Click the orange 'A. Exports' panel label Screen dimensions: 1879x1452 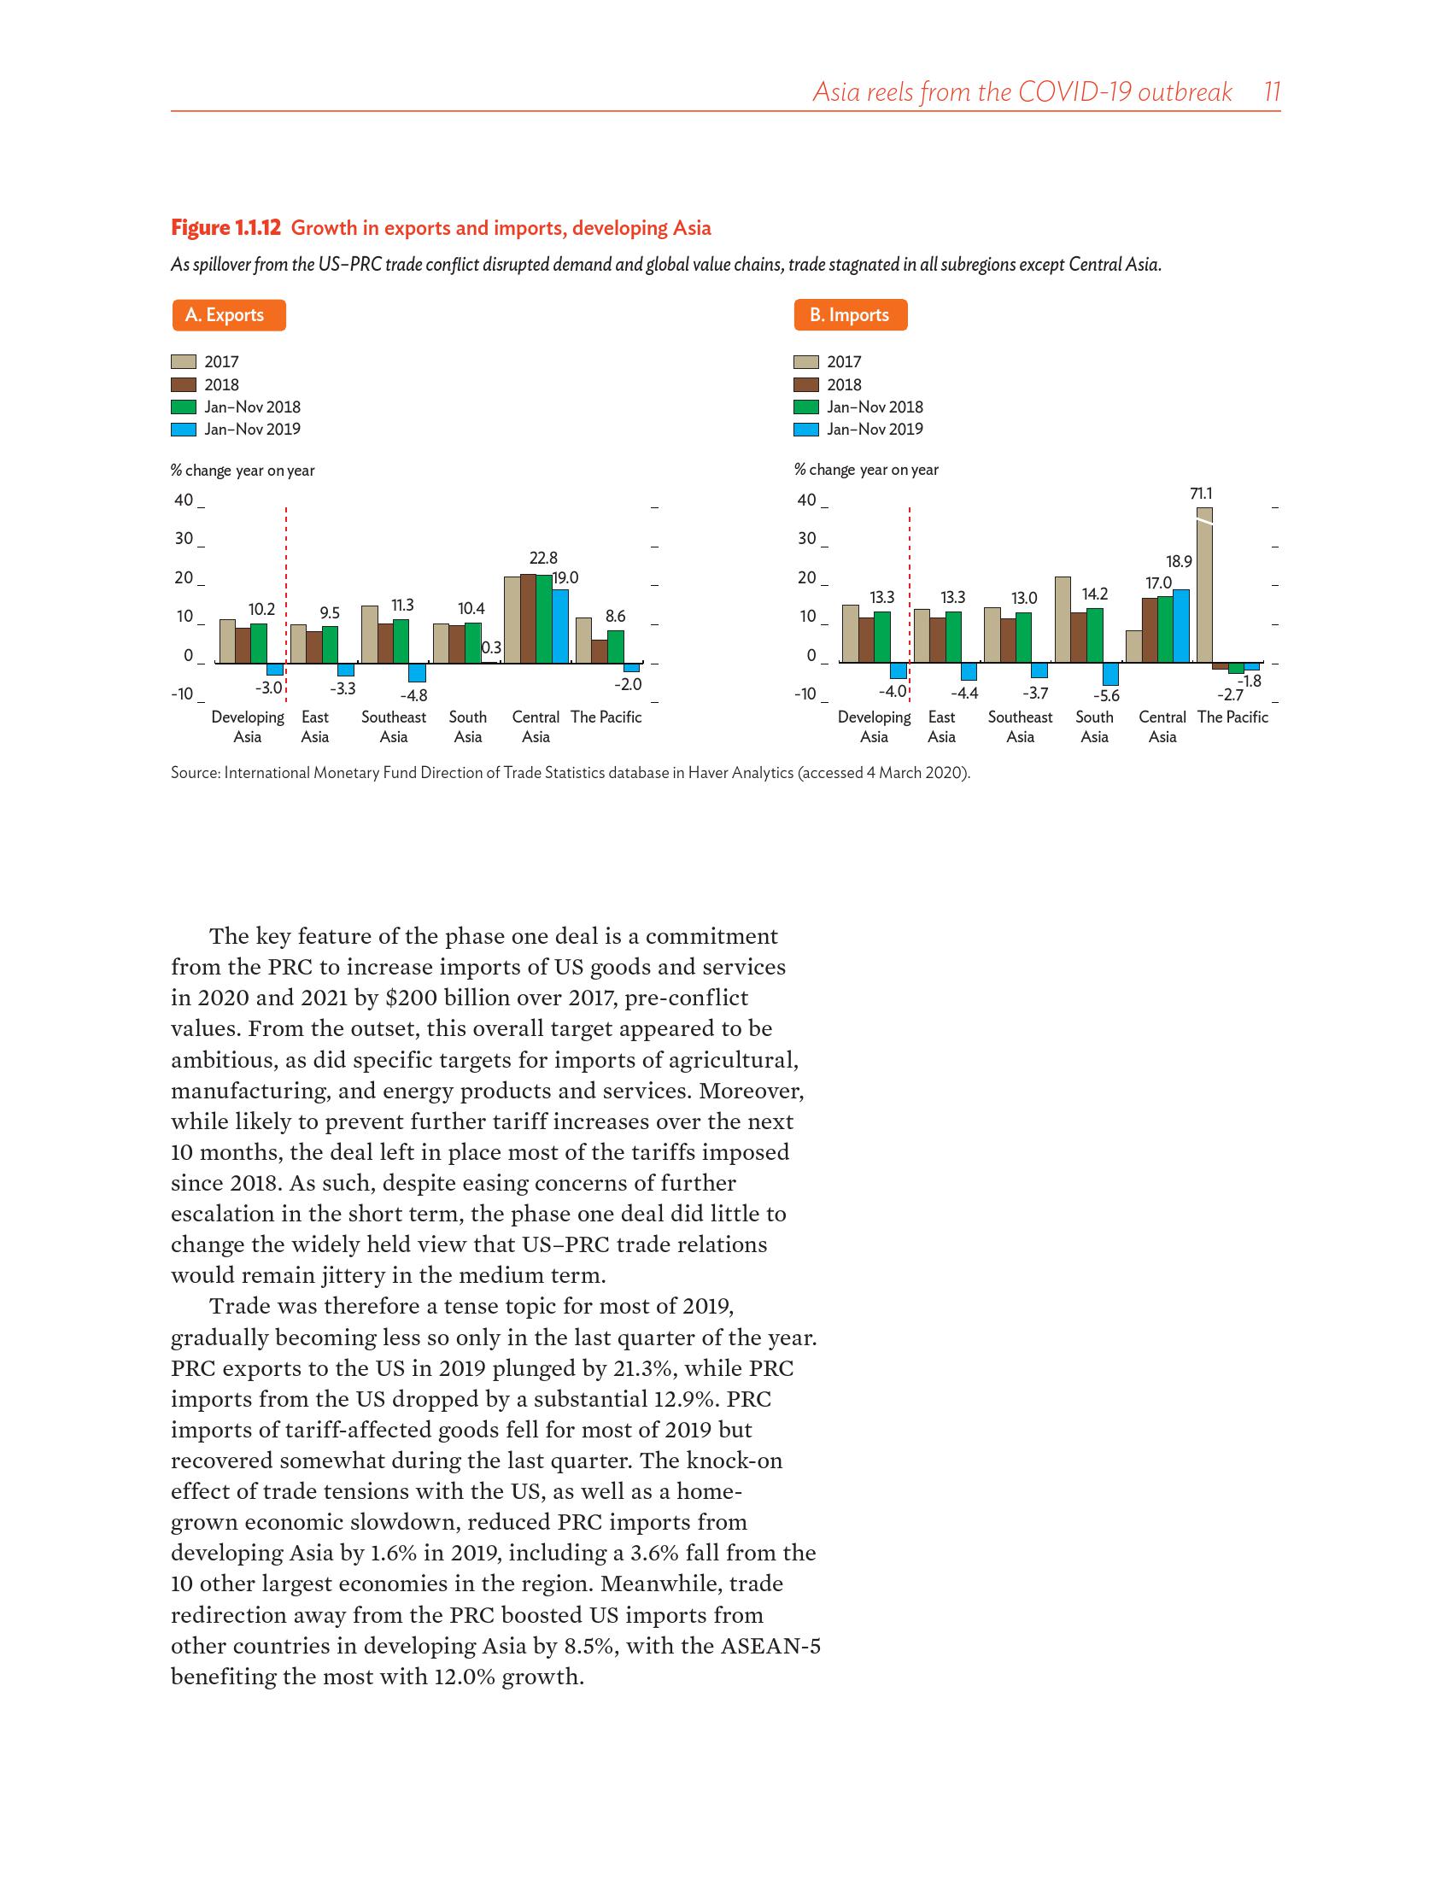point(228,315)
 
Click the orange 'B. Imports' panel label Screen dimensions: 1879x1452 point(850,315)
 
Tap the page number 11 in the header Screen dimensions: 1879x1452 point(1273,92)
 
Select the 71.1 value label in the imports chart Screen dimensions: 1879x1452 point(1201,494)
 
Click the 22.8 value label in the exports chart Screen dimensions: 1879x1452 point(542,559)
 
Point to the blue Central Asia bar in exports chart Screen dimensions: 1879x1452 point(560,626)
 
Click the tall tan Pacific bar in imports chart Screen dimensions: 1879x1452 point(1204,585)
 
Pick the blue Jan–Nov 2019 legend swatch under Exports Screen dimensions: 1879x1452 point(184,430)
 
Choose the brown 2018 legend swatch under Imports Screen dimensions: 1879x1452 point(806,384)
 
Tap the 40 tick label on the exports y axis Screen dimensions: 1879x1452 point(184,500)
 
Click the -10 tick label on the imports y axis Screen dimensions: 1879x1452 point(805,694)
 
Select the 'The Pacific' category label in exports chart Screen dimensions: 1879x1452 point(606,717)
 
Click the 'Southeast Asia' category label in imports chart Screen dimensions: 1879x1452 point(1019,726)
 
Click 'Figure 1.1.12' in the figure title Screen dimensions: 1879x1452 point(225,228)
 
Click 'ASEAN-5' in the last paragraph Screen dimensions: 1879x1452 point(770,1646)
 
